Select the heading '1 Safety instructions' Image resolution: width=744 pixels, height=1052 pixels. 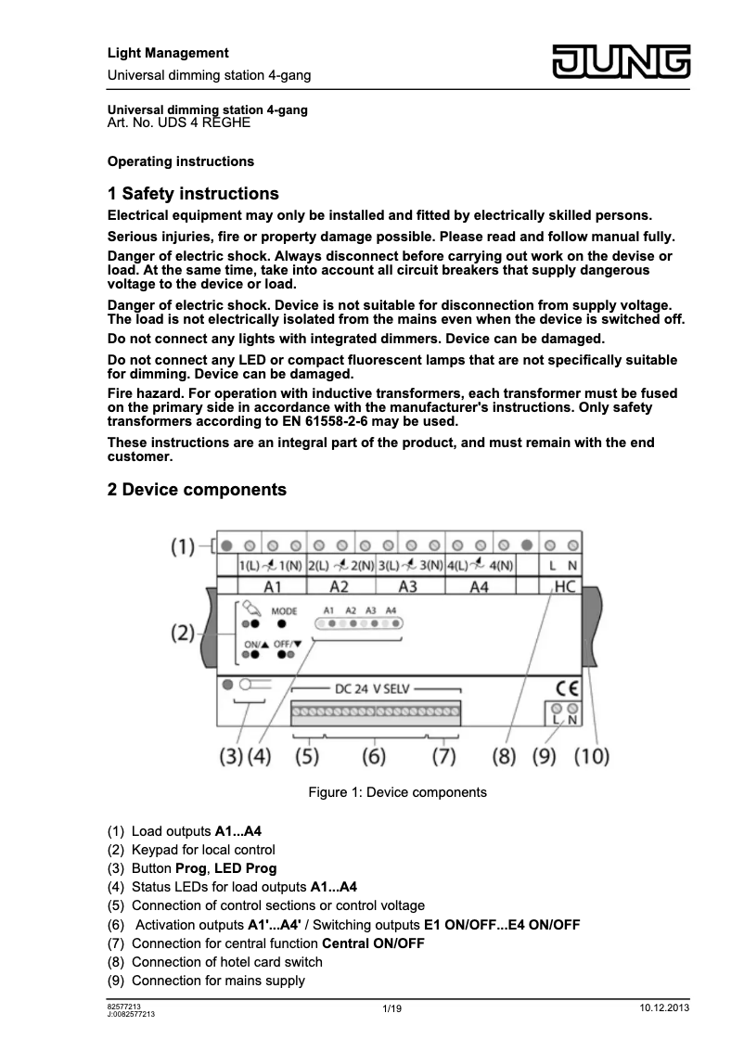pyautogui.click(x=193, y=194)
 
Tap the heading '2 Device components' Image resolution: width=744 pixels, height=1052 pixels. pyautogui.click(x=197, y=489)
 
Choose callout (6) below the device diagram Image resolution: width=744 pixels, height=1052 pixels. pyautogui.click(x=374, y=756)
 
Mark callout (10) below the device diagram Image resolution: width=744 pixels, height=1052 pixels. pyautogui.click(x=591, y=756)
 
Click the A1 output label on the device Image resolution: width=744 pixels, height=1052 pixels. pyautogui.click(x=272, y=586)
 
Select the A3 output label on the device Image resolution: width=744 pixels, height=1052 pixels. pyautogui.click(x=407, y=586)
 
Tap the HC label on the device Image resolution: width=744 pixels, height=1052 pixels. pyautogui.click(x=564, y=586)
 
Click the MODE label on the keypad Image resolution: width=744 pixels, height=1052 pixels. pyautogui.click(x=284, y=610)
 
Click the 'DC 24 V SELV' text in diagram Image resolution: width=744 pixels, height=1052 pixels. pyautogui.click(x=376, y=689)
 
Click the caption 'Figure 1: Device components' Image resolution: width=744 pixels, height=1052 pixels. pyautogui.click(x=397, y=792)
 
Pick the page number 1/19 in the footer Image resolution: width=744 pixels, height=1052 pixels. pyautogui.click(x=391, y=1008)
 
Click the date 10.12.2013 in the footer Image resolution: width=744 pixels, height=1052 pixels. pyautogui.click(x=664, y=1008)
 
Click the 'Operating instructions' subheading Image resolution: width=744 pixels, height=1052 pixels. pyautogui.click(x=181, y=161)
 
